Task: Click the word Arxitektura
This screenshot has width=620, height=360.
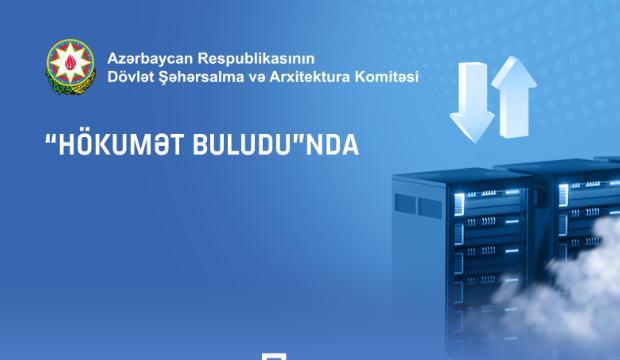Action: coord(317,76)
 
